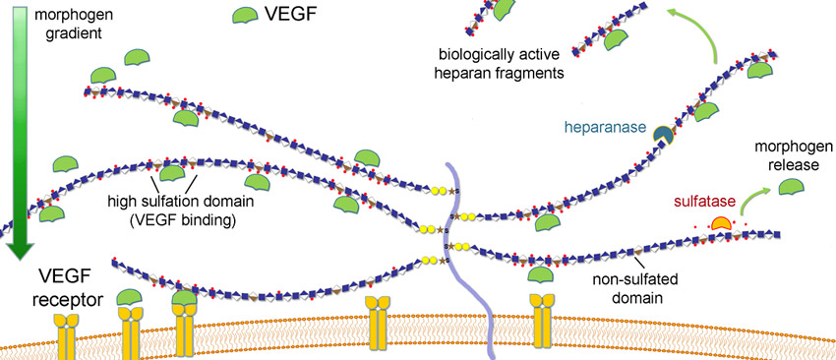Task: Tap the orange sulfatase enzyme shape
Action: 724,225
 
